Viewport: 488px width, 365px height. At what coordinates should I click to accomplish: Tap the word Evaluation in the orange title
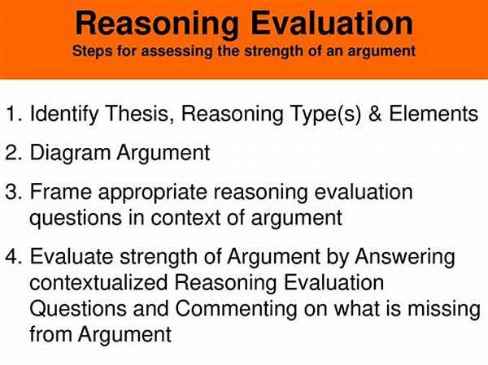(332, 23)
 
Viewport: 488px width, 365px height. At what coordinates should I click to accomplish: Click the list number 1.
(14, 113)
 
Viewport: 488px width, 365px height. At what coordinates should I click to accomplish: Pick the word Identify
(63, 115)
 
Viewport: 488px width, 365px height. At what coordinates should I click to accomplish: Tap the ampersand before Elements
(375, 113)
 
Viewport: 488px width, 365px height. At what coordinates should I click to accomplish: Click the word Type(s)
(325, 115)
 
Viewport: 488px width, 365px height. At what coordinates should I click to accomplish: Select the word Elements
(434, 113)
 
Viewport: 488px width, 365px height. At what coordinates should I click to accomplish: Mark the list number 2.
(14, 153)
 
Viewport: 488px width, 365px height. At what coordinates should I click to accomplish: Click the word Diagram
(70, 154)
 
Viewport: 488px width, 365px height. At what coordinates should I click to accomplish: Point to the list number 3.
(14, 191)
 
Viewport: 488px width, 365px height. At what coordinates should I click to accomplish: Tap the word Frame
(61, 191)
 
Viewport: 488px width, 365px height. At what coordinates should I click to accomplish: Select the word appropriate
(153, 193)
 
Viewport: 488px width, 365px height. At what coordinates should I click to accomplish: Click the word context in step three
(185, 218)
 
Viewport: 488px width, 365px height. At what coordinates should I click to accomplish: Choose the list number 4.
(14, 257)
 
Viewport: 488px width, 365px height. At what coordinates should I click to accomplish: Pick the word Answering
(405, 258)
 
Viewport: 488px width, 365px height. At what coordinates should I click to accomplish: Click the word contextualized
(98, 283)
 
